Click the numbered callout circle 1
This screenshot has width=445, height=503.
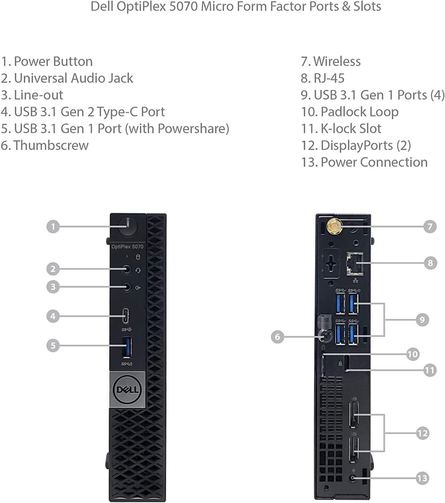(52, 226)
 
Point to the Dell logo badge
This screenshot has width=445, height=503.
(127, 388)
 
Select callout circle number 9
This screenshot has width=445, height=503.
(422, 320)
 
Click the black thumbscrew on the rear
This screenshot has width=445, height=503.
(326, 336)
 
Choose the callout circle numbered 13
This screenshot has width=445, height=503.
(422, 477)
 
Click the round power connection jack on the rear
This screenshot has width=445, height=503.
(353, 477)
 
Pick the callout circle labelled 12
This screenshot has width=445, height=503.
(422, 432)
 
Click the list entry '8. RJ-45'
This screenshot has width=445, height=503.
(322, 78)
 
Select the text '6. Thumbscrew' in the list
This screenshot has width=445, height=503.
(45, 145)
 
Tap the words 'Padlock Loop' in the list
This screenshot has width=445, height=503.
(359, 112)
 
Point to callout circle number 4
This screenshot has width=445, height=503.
(52, 316)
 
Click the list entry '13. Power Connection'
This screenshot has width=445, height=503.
(364, 162)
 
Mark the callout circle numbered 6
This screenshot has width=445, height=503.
(277, 337)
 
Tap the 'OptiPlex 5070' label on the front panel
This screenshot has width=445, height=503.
(127, 247)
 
